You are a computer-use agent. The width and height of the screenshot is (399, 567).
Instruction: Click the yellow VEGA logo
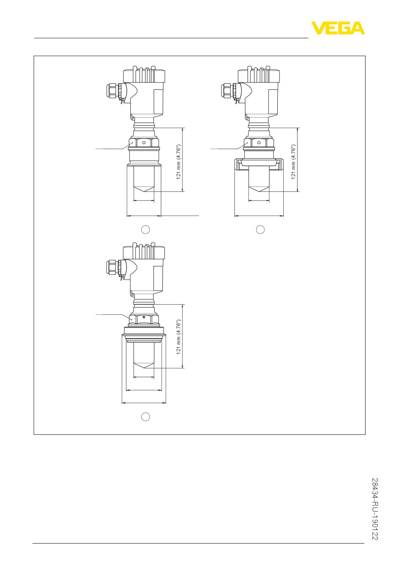[x=338, y=28]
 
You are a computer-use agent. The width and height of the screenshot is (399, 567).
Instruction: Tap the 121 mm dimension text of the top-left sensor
[x=178, y=162]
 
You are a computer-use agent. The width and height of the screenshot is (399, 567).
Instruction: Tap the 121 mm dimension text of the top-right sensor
[x=293, y=162]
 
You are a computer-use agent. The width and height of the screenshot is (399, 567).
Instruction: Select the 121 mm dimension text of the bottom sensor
[x=178, y=337]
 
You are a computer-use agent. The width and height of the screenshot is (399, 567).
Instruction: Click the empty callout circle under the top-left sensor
[x=146, y=229]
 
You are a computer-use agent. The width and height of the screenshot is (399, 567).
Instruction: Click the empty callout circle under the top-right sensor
[x=260, y=229]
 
